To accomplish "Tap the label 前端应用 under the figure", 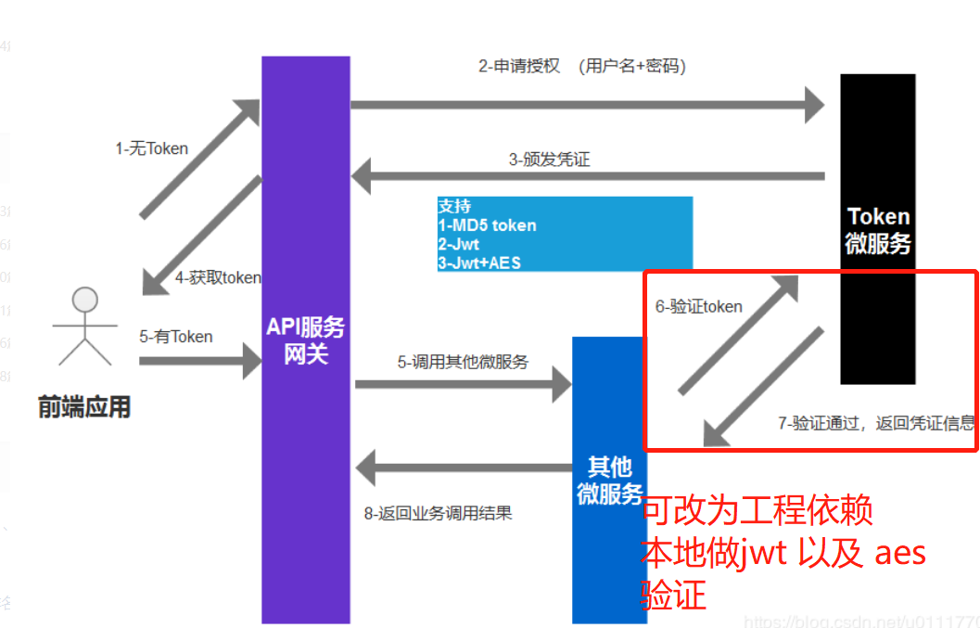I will (x=83, y=406).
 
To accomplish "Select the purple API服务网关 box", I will (x=306, y=340).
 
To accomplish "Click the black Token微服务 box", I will (x=878, y=228).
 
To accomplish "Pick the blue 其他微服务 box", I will (x=609, y=480).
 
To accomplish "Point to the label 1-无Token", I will (x=151, y=148).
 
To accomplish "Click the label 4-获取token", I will (x=218, y=277).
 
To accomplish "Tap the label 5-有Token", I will (x=175, y=337).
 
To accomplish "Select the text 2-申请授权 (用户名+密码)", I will (x=581, y=66).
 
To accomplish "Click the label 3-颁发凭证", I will (x=549, y=159).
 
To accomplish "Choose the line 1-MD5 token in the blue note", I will (x=487, y=224).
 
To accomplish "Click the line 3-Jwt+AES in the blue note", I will (x=479, y=263).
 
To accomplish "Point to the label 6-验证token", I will (x=698, y=306).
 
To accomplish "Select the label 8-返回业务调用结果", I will (x=439, y=513).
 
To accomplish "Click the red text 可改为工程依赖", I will (x=757, y=510).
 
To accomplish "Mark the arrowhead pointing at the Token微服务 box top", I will (x=814, y=104).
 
